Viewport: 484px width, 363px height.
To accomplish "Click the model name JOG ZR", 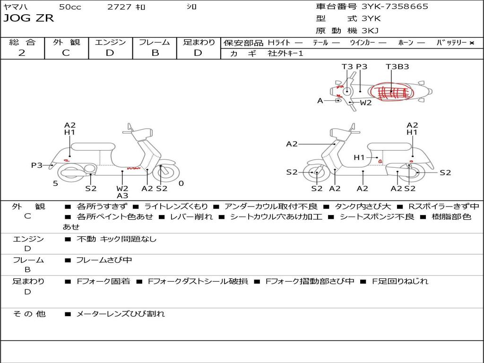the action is pos(28,18).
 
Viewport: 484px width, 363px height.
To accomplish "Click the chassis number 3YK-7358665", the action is pos(395,7).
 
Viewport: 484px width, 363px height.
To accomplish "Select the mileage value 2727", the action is pos(119,7).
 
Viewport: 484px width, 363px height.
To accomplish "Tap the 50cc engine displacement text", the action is pos(70,7).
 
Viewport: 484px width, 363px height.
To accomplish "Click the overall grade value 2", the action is pos(22,53).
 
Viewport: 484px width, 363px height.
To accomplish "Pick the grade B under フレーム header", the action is pos(155,53).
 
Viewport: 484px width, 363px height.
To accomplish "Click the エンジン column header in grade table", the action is pos(110,42).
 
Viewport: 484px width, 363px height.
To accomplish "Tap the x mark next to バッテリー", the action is pos(472,43).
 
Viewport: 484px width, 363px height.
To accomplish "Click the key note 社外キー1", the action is pos(285,53).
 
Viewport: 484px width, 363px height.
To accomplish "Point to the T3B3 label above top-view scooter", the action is pos(397,66).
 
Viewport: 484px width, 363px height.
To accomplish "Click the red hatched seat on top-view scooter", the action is pos(391,92).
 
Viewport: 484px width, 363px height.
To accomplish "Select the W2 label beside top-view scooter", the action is pos(366,103).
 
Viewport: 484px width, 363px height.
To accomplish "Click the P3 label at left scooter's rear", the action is pos(37,165).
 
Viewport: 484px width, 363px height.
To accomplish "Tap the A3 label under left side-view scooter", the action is pos(122,195).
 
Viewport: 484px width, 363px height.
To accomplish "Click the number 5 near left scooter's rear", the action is pos(55,183).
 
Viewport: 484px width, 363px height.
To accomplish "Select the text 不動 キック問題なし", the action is pos(116,239).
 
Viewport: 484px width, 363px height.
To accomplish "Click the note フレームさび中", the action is pos(104,260).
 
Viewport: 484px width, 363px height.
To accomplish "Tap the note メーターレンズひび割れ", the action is pos(121,314).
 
